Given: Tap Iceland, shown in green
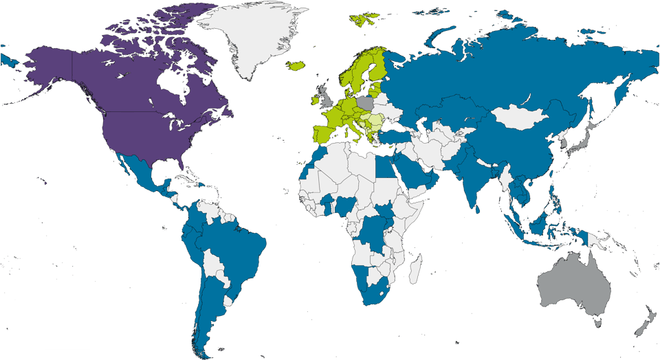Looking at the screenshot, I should click(296, 66).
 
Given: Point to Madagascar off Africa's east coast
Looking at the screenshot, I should click(415, 269).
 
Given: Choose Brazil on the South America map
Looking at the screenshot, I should click(237, 247).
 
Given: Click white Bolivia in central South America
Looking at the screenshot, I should click(215, 265).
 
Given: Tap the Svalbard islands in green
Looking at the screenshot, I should click(365, 19).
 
